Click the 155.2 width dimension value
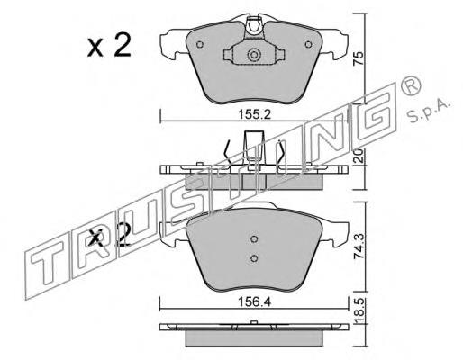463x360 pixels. point(254,114)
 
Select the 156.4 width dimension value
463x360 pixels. point(254,302)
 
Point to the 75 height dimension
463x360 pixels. point(359,58)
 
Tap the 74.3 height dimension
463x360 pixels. point(359,247)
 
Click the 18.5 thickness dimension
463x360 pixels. point(359,310)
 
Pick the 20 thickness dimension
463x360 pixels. point(359,156)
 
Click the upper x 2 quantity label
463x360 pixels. point(109,46)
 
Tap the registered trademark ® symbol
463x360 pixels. point(411,85)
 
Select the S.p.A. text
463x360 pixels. point(430,112)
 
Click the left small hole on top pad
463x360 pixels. point(200,45)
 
